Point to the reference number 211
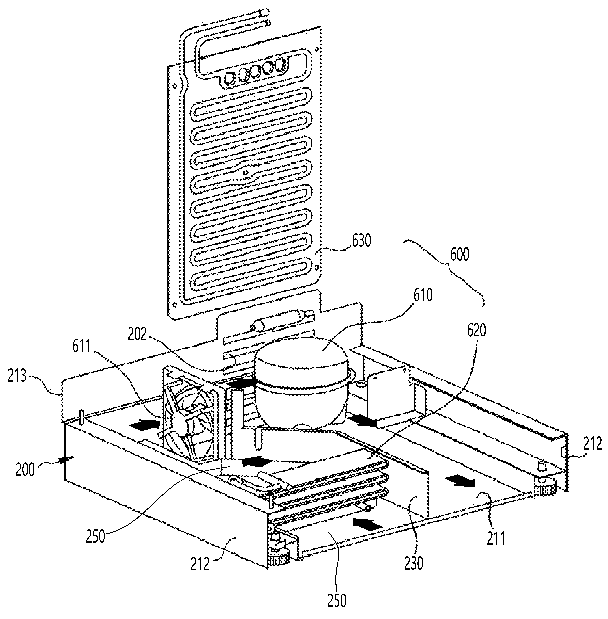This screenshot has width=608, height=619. pos(496,539)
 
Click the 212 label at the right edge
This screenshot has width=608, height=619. pos(592,444)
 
